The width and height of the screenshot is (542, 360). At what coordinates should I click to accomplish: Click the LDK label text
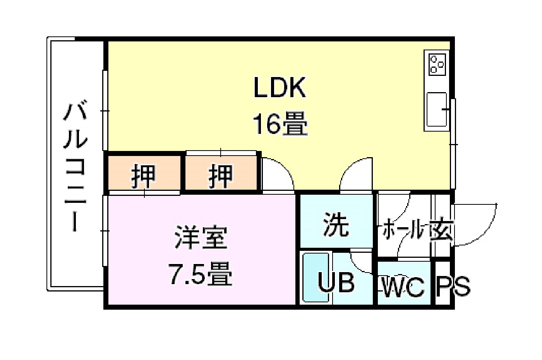[x=280, y=87]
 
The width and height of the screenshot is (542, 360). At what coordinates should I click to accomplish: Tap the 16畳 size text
[x=280, y=123]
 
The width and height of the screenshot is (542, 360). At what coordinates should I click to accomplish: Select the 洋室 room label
[x=201, y=238]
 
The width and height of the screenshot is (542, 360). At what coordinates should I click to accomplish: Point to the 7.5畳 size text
[x=201, y=274]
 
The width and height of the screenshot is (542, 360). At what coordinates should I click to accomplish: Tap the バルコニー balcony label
[x=75, y=167]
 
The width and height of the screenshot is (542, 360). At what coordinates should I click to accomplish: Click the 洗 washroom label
[x=336, y=224]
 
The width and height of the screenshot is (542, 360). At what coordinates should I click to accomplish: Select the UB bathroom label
[x=336, y=282]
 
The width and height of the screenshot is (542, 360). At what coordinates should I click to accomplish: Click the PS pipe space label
[x=453, y=286]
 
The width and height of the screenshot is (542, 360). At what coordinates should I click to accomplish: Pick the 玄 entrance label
[x=441, y=230]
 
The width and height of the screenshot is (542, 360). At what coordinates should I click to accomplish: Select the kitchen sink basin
[x=437, y=109]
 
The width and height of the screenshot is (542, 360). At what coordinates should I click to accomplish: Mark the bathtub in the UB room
[x=316, y=278]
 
